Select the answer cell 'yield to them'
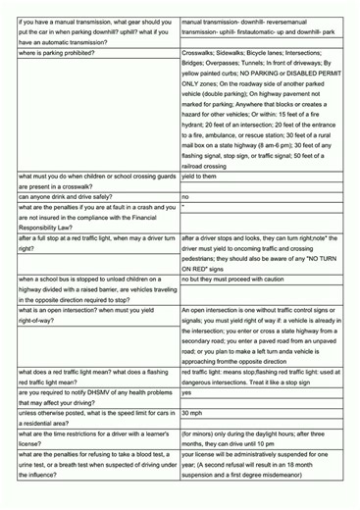click(x=201, y=177)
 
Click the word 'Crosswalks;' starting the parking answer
click(x=201, y=52)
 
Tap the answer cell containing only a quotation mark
click(x=183, y=208)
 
